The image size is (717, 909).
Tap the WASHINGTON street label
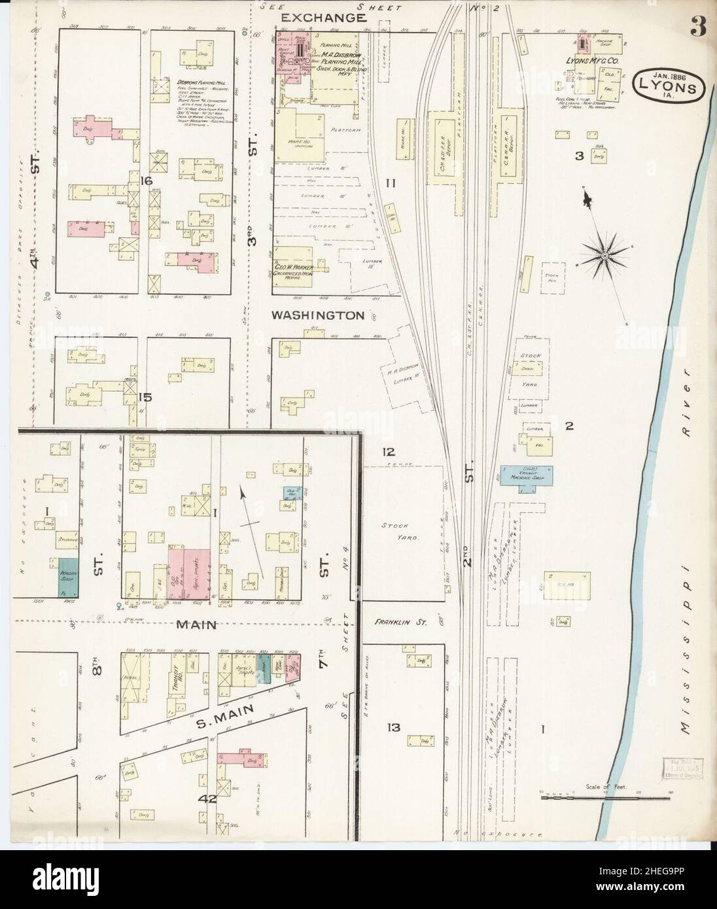tap(318, 315)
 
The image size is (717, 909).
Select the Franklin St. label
tap(400, 623)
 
